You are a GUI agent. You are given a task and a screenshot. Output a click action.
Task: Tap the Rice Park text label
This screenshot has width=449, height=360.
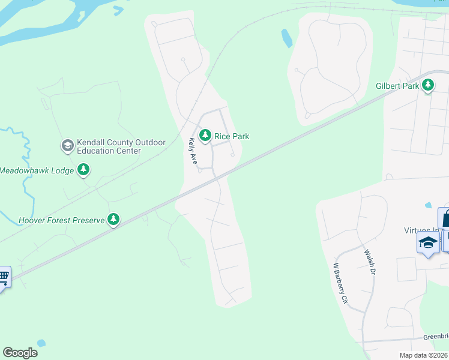[232, 137]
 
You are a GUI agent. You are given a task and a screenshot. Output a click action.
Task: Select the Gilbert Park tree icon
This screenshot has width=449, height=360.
[428, 86]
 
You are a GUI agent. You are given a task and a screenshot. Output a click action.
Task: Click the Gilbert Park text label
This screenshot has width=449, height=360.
[397, 86]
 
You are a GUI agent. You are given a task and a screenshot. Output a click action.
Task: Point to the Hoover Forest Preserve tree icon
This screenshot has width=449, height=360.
[113, 220]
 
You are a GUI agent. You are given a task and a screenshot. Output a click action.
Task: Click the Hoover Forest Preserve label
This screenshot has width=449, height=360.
[61, 220]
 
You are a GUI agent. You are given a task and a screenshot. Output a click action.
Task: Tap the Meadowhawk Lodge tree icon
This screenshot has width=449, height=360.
[84, 170]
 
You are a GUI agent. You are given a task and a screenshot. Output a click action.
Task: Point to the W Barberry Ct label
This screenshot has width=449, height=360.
[340, 282]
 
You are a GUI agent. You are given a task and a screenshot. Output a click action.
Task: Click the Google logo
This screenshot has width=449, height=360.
[20, 353]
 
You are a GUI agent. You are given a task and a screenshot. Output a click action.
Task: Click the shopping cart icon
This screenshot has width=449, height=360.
[4, 277]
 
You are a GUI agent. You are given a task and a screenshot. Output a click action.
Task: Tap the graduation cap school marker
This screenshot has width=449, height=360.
[428, 242]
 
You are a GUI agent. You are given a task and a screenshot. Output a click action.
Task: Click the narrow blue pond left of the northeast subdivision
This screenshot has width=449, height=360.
[287, 38]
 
